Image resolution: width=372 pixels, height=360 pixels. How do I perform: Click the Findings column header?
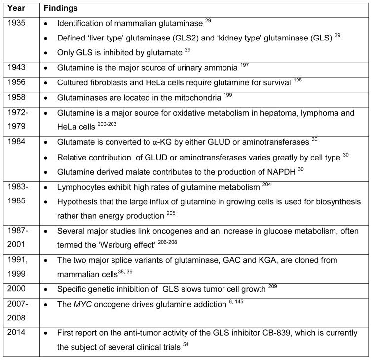tap(61, 9)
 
